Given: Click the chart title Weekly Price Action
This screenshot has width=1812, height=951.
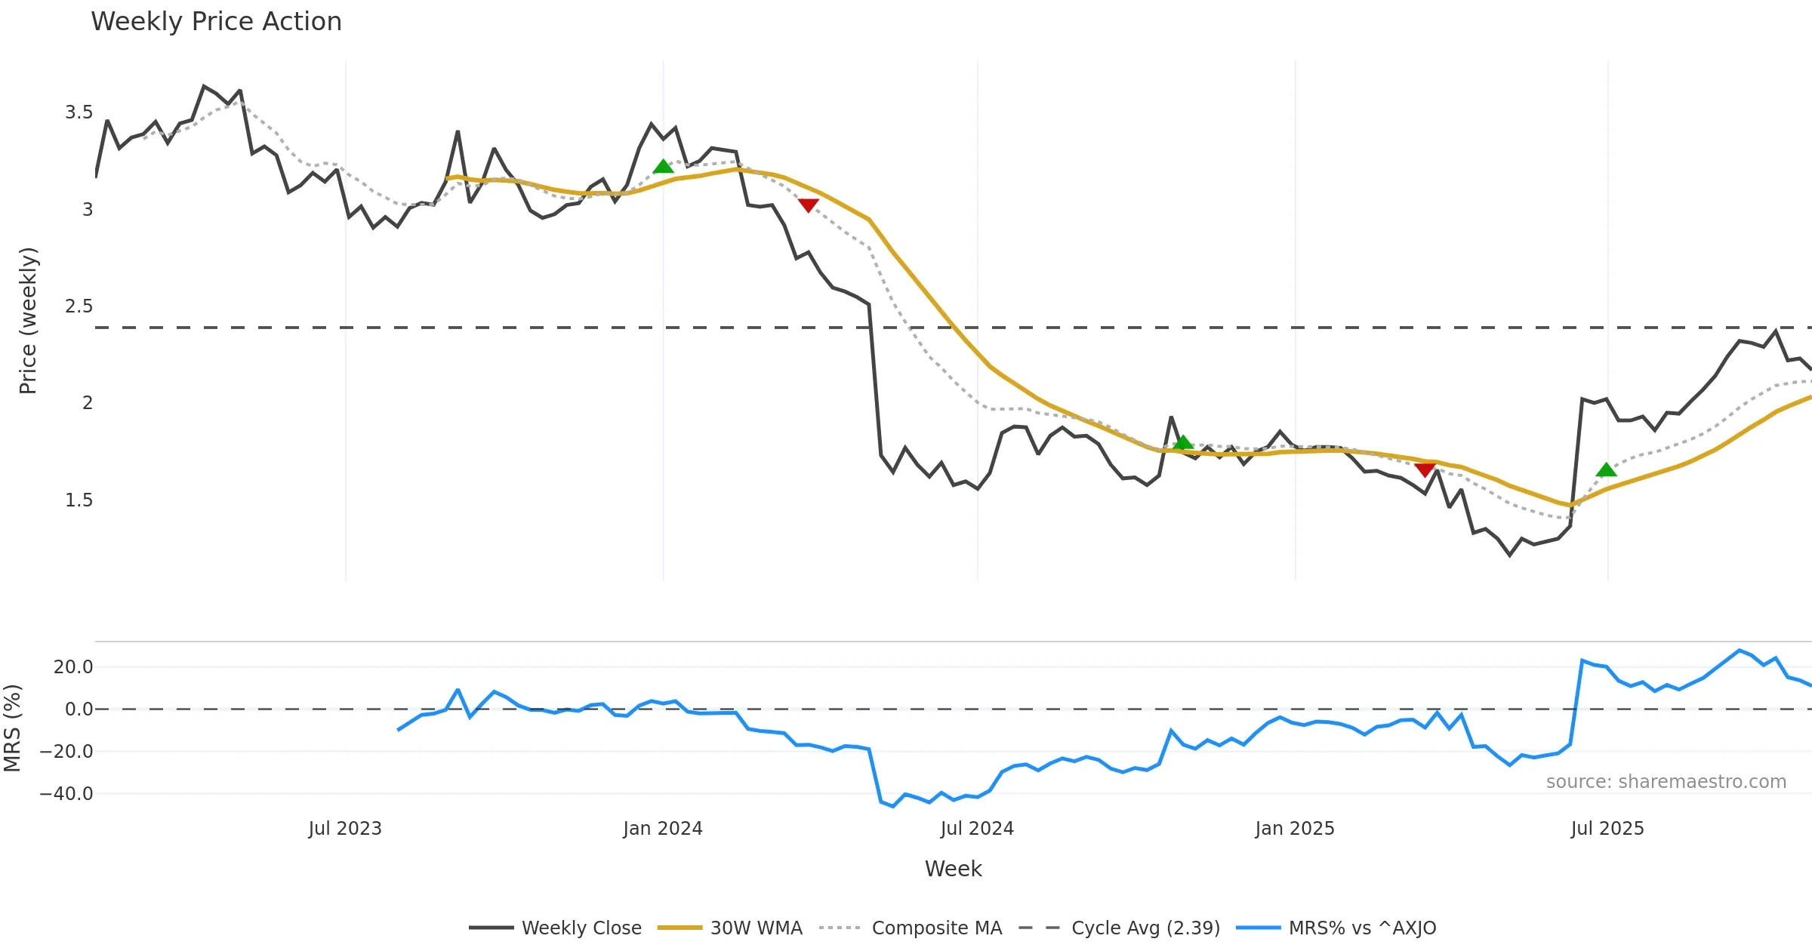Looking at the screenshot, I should click(x=216, y=22).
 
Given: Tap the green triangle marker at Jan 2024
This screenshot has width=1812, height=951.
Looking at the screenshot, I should click(x=663, y=167).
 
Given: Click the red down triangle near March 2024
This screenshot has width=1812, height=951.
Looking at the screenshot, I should click(x=808, y=205).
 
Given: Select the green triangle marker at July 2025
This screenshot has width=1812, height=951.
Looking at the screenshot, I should click(x=1606, y=470).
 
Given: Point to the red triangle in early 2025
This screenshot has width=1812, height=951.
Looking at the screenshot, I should click(x=1425, y=470).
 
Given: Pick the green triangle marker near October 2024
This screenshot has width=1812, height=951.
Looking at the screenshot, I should click(x=1183, y=443).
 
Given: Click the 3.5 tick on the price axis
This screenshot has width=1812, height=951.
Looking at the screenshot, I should click(x=79, y=113).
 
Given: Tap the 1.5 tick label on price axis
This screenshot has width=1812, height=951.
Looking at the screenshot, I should click(x=79, y=500).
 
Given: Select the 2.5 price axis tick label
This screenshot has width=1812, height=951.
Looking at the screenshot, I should click(x=79, y=306).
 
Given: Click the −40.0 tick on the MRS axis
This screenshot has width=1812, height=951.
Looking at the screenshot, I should click(x=66, y=794).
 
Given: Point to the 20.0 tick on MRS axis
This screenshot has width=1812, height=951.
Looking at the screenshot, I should click(x=72, y=667).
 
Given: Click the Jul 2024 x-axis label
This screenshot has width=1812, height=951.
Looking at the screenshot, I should click(x=977, y=829).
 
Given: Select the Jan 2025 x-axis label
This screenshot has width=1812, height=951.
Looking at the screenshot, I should click(x=1295, y=829).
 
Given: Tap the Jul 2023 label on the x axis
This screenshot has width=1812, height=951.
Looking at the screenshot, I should click(x=345, y=829).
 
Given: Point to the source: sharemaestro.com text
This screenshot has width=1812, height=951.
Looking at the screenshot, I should click(x=1666, y=782).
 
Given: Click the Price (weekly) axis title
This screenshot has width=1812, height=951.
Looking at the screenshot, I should click(x=28, y=321).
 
